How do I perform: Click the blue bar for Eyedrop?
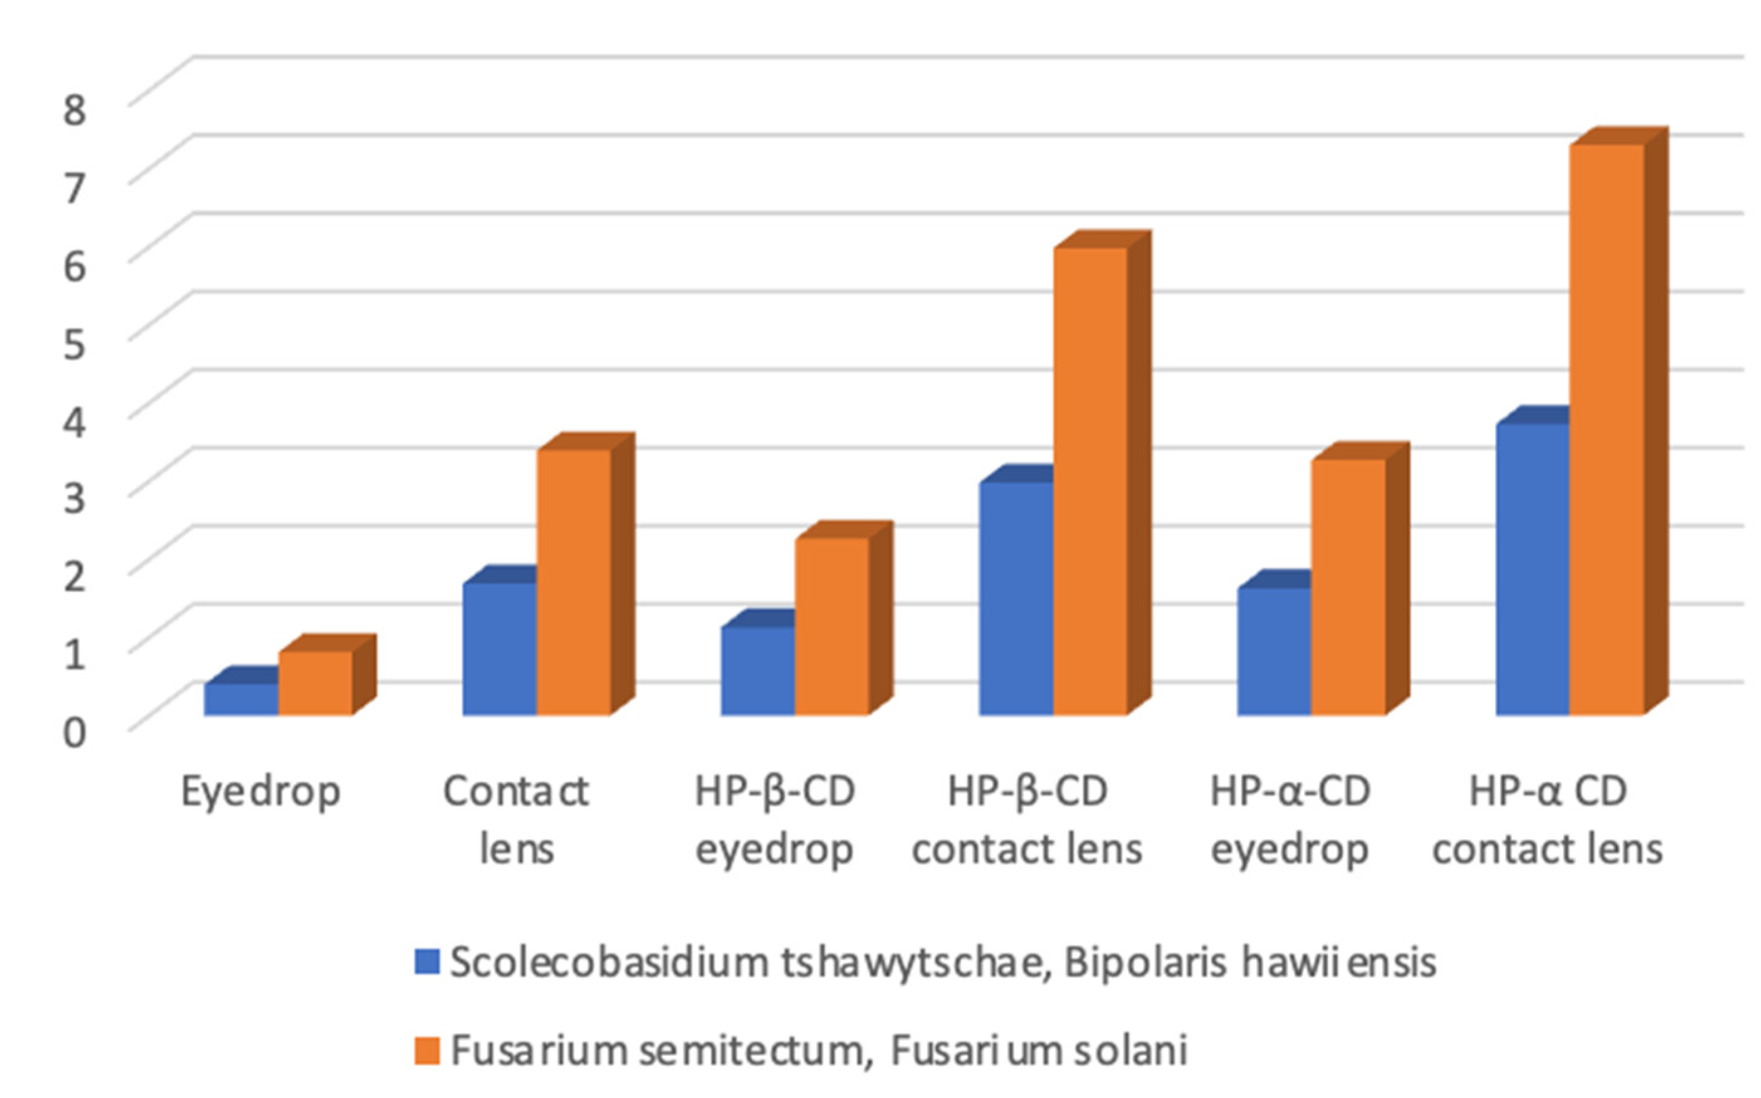pos(241,700)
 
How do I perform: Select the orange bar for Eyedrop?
pos(316,683)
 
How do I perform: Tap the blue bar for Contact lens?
pos(500,649)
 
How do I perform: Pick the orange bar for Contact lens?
pos(574,583)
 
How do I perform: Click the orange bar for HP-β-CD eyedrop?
pos(831,627)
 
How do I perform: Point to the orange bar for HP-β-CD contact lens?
pos(1090,481)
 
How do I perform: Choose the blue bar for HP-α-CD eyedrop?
pos(1274,651)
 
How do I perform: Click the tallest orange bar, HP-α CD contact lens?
pos(1606,430)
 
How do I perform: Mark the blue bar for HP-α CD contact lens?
pos(1532,569)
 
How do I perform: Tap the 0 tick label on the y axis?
pos(75,732)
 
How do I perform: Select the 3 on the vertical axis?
pos(75,499)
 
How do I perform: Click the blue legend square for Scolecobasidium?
pos(427,962)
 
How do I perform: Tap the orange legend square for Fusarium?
pos(427,1051)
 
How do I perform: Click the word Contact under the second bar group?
pos(515,791)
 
